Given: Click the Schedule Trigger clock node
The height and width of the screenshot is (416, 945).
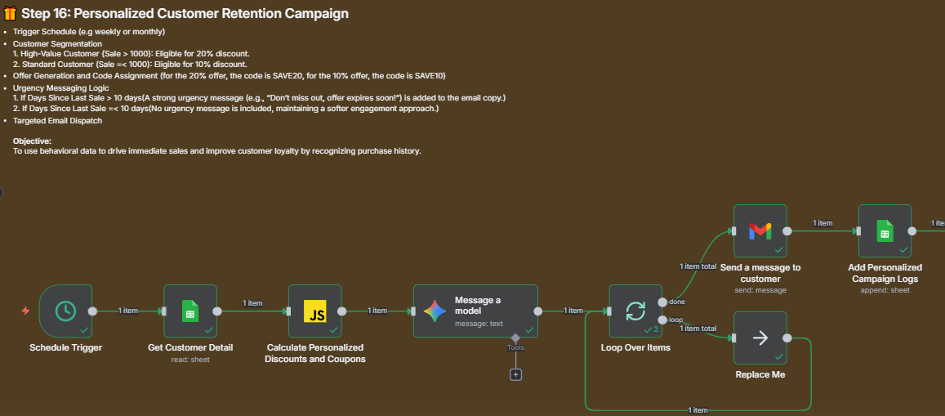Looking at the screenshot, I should coord(65,311).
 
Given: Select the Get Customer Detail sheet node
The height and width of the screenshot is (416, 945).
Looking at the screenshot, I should coord(189,311).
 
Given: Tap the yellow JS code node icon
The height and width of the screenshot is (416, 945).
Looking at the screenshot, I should coord(314,311).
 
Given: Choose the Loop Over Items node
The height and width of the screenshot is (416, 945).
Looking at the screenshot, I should coord(635,311).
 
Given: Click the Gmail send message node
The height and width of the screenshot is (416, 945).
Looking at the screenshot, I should coord(760,230).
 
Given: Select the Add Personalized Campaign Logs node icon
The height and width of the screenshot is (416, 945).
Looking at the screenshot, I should coord(885,230).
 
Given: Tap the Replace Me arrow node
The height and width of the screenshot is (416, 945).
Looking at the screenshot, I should coord(760,338).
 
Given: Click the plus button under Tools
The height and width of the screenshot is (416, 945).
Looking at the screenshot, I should coord(515,374).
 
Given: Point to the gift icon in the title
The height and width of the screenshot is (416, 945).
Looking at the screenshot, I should coord(10,13).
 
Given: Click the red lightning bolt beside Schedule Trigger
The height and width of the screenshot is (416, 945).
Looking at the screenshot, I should coord(25,311).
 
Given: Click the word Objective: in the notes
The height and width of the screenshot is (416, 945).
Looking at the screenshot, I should coord(32,141).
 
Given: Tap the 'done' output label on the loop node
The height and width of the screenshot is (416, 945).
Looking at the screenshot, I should coord(676,302).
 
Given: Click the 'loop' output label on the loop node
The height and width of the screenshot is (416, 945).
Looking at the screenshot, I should coord(675,320).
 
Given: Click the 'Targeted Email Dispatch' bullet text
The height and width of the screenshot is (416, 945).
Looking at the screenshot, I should coord(57,120).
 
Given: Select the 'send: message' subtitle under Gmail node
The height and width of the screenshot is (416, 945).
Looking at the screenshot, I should coord(760,289).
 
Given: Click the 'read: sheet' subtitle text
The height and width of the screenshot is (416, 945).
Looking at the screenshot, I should coord(189,359).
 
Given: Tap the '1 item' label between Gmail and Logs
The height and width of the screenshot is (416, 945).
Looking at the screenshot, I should coord(822,223).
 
